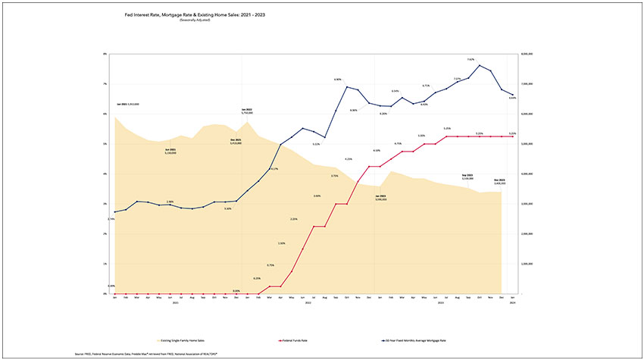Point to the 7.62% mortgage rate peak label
coord(470,59)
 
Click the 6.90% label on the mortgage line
coord(338,80)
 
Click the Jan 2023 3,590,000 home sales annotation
coord(381,198)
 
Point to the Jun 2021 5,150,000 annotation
coord(170,151)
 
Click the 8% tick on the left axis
coord(106,55)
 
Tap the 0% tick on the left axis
coord(106,294)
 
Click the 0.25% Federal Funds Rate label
coord(257,278)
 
